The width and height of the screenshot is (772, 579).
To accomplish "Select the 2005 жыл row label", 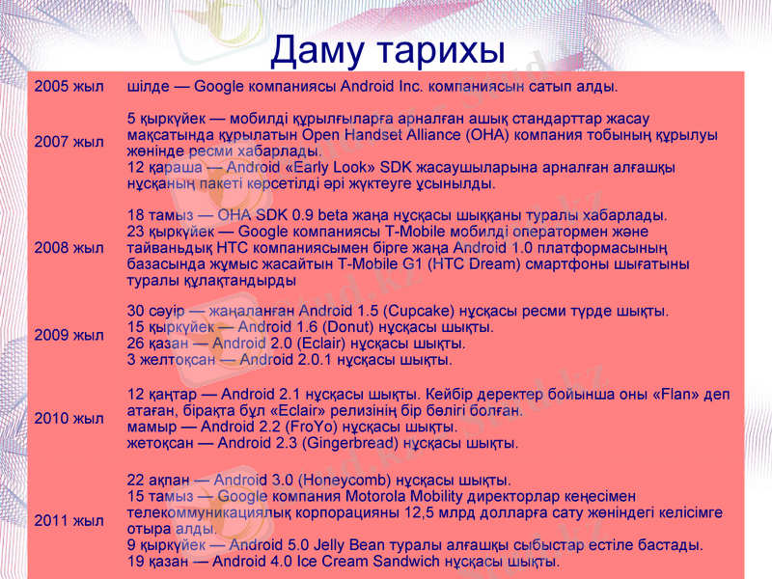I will [69, 87].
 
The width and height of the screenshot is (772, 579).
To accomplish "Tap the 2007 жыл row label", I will [69, 142].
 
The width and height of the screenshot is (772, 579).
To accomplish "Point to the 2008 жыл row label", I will [69, 248].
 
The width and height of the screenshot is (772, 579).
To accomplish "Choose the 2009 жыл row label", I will [69, 336].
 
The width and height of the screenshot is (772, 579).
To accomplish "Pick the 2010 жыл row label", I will [69, 419].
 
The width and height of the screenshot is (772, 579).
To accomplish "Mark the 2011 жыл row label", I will [69, 521].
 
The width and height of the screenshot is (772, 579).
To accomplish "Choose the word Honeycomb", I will [342, 480].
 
